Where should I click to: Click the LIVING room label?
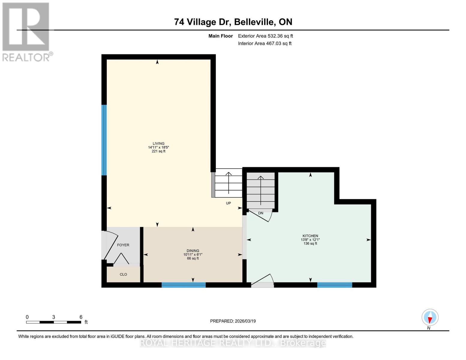pyautogui.click(x=158, y=143)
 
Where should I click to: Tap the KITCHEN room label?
pyautogui.click(x=310, y=236)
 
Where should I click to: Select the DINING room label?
pyautogui.click(x=193, y=251)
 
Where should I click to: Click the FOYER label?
pyautogui.click(x=123, y=245)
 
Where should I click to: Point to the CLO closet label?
pyautogui.click(x=123, y=274)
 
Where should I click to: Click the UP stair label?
pyautogui.click(x=228, y=203)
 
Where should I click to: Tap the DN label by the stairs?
pyautogui.click(x=260, y=213)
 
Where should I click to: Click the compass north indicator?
pyautogui.click(x=430, y=317)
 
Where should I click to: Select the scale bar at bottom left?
pyautogui.click(x=53, y=322)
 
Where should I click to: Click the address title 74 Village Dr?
pyautogui.click(x=233, y=22)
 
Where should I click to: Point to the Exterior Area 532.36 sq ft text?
pyautogui.click(x=265, y=36)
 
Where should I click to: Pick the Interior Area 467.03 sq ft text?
pyautogui.click(x=265, y=43)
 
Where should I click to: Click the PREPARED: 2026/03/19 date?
pyautogui.click(x=233, y=321)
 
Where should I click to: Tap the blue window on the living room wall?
pyautogui.click(x=104, y=140)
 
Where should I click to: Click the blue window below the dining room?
pyautogui.click(x=184, y=285)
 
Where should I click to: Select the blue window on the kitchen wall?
pyautogui.click(x=335, y=285)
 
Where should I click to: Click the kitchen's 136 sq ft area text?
pyautogui.click(x=310, y=244)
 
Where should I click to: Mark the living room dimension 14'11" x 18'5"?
pyautogui.click(x=158, y=147)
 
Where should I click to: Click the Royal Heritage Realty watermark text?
pyautogui.click(x=233, y=343)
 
